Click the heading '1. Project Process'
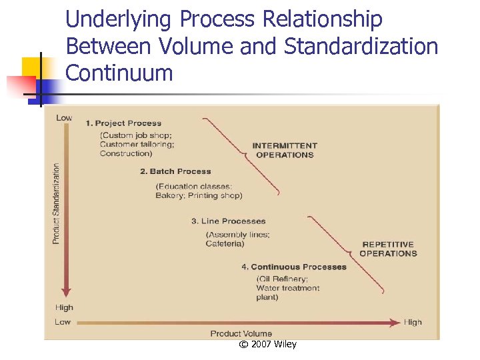(123, 123)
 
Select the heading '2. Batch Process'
(175, 171)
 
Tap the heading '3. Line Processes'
(228, 221)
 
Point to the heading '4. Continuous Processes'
(294, 267)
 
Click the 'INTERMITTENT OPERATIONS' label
(285, 150)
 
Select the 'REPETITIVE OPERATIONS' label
(388, 249)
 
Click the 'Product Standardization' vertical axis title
(57, 203)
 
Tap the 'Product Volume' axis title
(241, 333)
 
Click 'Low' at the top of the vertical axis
(64, 118)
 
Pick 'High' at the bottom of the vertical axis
(65, 308)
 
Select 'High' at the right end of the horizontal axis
(413, 323)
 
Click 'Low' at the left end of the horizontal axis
(63, 323)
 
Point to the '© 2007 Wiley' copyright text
(267, 344)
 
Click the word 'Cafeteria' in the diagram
(225, 244)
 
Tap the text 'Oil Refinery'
(283, 279)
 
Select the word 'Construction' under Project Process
(126, 154)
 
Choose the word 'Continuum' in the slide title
(119, 73)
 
